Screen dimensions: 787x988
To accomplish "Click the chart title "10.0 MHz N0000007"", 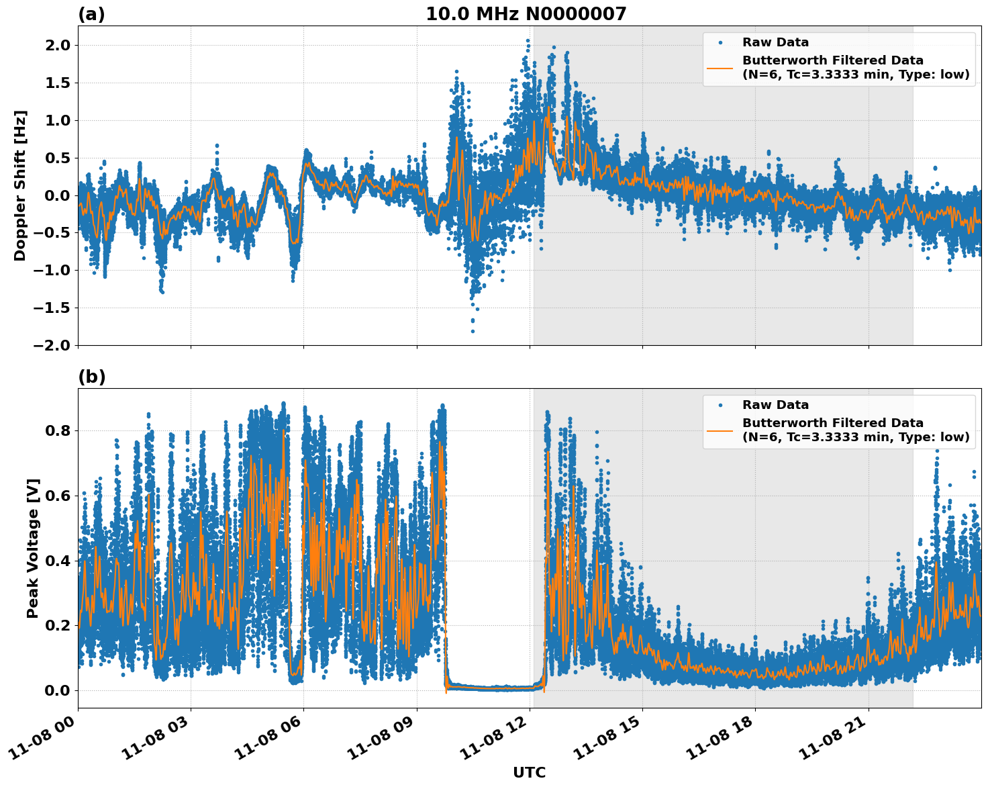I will [x=526, y=14].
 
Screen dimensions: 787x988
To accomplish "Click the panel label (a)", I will [x=91, y=14].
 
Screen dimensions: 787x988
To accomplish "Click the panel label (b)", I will [x=91, y=377].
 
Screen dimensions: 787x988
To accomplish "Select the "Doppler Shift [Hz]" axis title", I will [x=20, y=185].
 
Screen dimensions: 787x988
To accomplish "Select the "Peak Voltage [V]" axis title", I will [x=33, y=548].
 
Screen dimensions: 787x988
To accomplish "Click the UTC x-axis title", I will [x=529, y=772].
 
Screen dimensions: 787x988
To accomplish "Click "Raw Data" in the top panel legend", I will [x=775, y=42].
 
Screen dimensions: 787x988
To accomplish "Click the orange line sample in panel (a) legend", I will [x=720, y=68].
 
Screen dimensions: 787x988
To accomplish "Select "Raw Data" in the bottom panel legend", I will [x=775, y=405].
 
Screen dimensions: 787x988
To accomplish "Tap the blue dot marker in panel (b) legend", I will [x=720, y=405].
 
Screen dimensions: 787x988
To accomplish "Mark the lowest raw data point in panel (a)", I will [x=473, y=331].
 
